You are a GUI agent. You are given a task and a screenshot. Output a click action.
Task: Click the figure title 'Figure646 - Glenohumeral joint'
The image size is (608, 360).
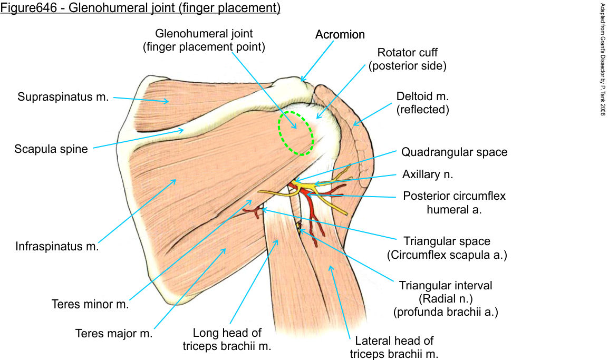(140, 8)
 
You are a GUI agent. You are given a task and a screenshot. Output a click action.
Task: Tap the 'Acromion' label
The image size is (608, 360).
(340, 35)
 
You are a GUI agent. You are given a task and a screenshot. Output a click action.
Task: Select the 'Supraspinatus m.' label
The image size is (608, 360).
(63, 97)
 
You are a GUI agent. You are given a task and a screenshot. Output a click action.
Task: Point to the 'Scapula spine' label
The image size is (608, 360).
(51, 149)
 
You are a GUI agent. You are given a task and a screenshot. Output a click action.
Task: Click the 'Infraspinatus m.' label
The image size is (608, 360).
(57, 246)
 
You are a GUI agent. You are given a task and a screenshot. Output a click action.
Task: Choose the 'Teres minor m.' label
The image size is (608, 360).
(90, 304)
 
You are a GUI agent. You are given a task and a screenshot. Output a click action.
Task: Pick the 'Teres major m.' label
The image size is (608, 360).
(113, 334)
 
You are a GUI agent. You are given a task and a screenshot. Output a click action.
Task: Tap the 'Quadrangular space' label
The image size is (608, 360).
(454, 152)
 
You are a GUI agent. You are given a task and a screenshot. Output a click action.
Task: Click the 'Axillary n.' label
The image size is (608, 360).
(428, 174)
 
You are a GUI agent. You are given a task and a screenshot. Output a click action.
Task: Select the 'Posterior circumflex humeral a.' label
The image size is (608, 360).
(454, 202)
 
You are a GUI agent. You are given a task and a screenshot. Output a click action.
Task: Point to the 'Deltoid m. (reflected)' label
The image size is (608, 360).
(422, 103)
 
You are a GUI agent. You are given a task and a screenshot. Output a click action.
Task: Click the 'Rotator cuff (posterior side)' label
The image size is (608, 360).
(408, 59)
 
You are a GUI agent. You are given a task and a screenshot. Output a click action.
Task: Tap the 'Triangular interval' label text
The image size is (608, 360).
(446, 286)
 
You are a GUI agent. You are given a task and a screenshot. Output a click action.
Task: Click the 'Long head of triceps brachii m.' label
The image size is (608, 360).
(227, 339)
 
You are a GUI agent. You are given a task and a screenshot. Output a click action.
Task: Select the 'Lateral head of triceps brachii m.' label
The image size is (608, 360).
(394, 347)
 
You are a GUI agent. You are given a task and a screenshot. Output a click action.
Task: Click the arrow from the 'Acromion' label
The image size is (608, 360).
(317, 60)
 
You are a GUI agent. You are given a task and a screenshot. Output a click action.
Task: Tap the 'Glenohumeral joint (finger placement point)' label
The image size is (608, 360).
(204, 40)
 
